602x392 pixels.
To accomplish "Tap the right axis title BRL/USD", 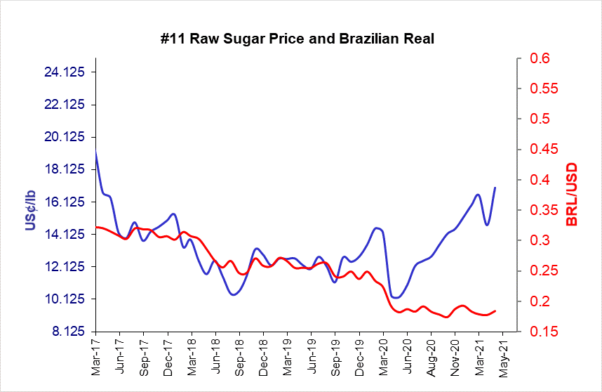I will [x=572, y=195].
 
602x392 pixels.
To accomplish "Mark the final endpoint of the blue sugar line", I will [x=495, y=188].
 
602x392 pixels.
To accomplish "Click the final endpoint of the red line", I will [x=496, y=311].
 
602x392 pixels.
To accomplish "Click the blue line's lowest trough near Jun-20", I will [x=396, y=298].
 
